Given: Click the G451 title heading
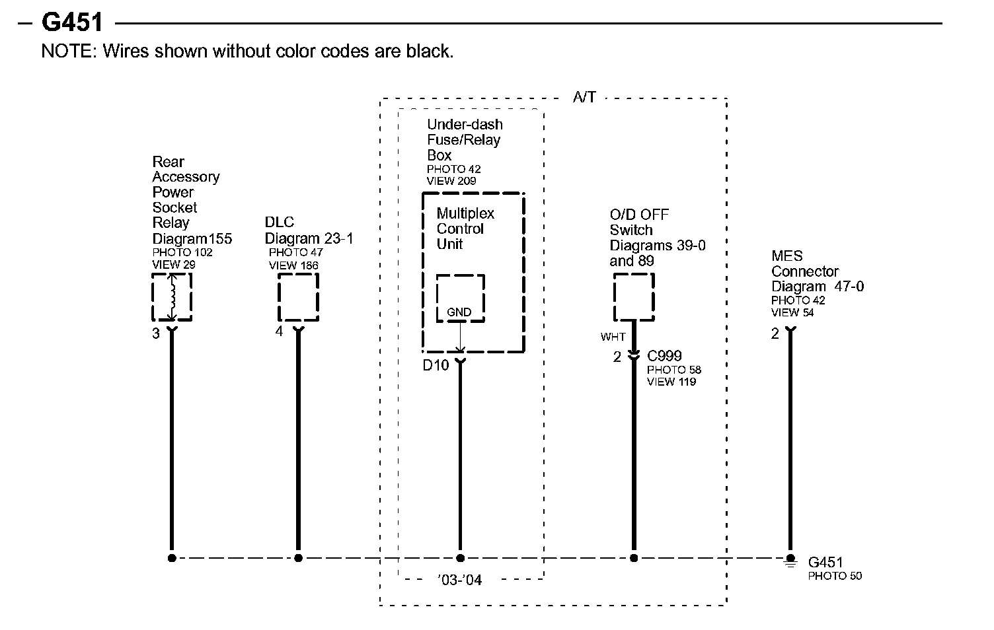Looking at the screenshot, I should pos(72,22).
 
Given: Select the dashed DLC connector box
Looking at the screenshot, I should pos(298,297).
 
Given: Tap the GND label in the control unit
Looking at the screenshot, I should pos(459,312).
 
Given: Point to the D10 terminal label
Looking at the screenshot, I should pos(436,365).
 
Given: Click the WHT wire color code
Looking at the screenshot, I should pos(613,337).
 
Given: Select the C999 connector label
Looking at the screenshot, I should pos(664,356).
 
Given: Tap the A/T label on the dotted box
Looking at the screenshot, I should pos(584,98).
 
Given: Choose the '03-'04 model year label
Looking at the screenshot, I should pos(459,580).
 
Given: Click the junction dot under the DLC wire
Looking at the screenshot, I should pos(298,558).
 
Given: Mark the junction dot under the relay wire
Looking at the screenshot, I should pos(172,558).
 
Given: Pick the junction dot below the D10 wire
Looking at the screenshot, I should pos(461,558).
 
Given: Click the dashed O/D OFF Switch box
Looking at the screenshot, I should pos(634,297).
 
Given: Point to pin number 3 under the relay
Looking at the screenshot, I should pos(156,334).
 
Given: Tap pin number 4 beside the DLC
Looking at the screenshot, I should pos(279,332).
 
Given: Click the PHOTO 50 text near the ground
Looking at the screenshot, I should pos(835,576).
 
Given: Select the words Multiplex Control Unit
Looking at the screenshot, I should pos(465,228).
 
